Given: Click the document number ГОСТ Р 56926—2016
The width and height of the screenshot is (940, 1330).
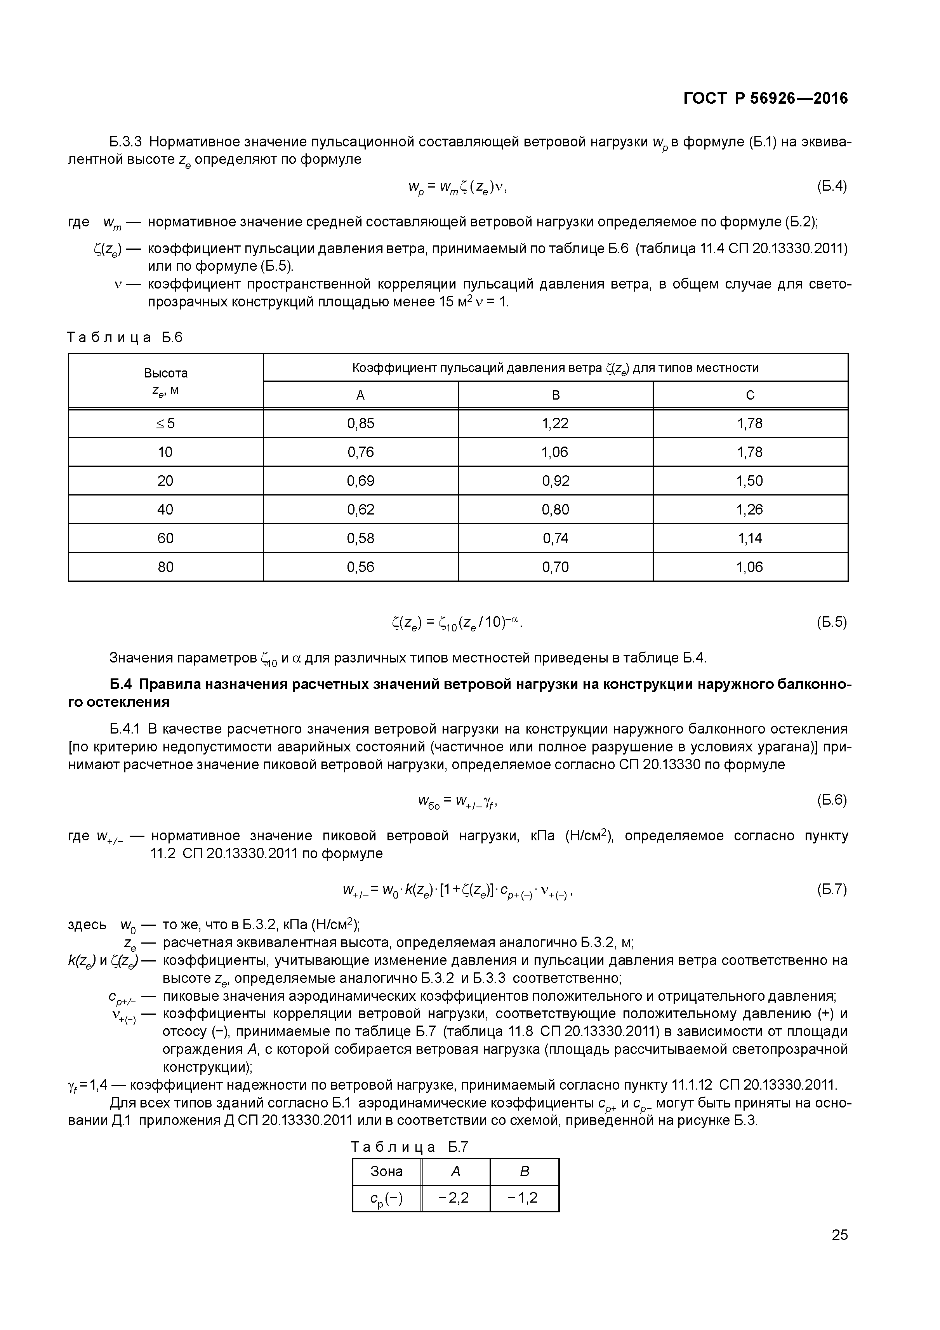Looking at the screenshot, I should [765, 99].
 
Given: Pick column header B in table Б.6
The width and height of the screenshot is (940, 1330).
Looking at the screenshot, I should [556, 395].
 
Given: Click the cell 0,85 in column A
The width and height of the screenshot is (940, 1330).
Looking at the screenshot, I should [360, 423].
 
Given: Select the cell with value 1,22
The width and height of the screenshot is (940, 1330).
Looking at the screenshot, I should [556, 423].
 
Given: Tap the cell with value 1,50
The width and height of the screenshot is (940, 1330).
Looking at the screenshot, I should [750, 481].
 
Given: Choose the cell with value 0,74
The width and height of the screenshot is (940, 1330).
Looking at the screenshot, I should [556, 538].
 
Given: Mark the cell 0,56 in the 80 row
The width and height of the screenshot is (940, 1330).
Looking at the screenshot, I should [360, 567].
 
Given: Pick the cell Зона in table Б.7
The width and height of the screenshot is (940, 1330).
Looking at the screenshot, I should [386, 1171].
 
